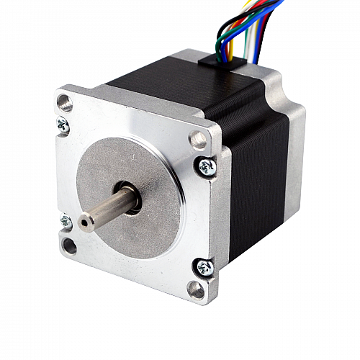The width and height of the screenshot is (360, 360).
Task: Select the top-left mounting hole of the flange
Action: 65,102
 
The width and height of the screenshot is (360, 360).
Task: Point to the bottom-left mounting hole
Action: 69,246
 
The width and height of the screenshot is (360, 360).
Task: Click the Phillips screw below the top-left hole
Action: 63,125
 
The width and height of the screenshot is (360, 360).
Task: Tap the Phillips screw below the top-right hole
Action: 207,166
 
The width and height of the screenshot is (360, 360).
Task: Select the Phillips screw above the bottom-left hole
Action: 66,221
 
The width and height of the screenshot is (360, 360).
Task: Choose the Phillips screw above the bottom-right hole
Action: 205,268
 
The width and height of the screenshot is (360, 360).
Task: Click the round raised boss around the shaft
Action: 155,180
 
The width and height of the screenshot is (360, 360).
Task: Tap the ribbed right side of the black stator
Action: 259,173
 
